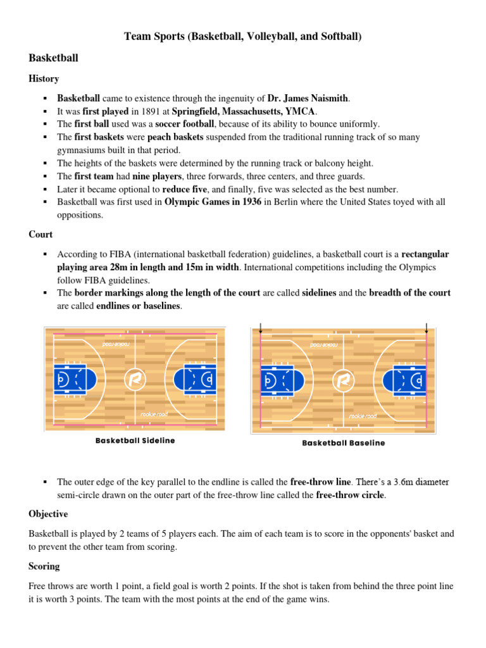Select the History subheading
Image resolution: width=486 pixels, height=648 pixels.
[44, 79]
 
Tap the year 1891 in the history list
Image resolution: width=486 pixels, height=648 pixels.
[127, 111]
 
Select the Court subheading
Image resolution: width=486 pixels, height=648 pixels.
[40, 234]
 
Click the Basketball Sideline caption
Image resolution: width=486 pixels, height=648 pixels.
[135, 440]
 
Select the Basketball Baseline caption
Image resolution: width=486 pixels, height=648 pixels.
[343, 443]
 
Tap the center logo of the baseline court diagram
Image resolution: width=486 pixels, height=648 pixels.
[343, 382]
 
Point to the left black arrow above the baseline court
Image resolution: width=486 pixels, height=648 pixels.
[261, 328]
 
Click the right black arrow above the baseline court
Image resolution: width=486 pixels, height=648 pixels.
[427, 328]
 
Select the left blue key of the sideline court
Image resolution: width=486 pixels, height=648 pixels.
[72, 379]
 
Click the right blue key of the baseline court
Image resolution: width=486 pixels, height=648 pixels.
[407, 382]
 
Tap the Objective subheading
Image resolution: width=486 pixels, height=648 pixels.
[48, 514]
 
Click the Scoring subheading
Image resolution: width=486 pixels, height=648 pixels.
[44, 566]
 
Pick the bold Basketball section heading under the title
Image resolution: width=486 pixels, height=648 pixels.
[54, 58]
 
